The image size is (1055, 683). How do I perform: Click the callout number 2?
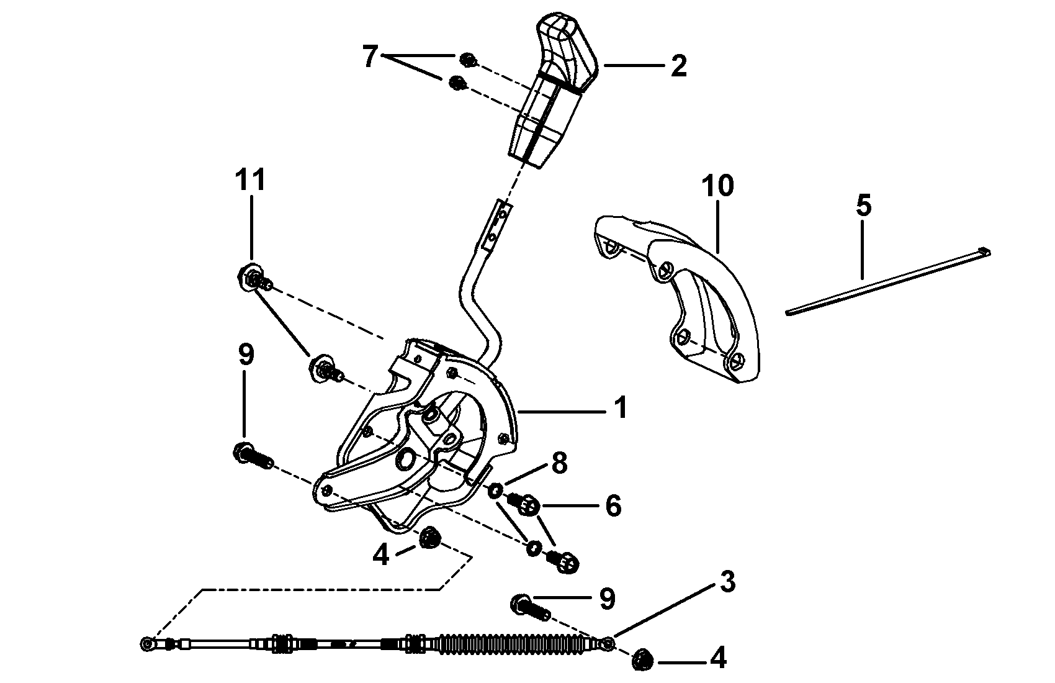[x=678, y=66]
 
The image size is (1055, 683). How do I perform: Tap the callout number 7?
[x=370, y=57]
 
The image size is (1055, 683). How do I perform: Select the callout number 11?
[x=250, y=181]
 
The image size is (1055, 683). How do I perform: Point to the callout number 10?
[x=718, y=186]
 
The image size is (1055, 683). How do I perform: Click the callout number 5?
[x=863, y=206]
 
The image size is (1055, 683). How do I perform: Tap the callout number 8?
[x=559, y=463]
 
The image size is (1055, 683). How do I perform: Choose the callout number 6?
[x=613, y=506]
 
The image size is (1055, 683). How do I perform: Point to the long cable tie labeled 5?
[x=887, y=283]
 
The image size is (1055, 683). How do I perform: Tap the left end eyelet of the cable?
[x=147, y=644]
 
